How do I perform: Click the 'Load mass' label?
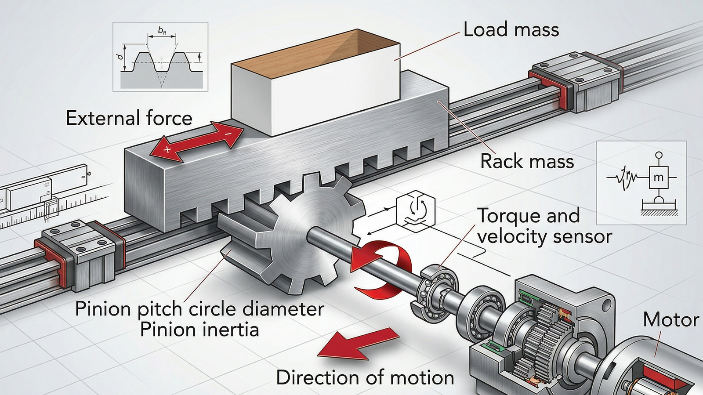click(x=511, y=30)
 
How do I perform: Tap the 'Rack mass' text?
click(x=527, y=161)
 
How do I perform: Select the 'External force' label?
click(x=129, y=119)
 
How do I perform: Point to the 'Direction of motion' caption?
click(x=365, y=378)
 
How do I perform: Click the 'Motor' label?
click(x=670, y=319)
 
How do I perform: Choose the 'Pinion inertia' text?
click(x=199, y=330)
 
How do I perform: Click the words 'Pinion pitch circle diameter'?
click(x=199, y=309)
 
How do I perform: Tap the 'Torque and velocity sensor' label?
click(x=544, y=226)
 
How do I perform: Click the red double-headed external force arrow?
click(x=196, y=141)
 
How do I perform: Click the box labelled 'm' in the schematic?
click(x=658, y=178)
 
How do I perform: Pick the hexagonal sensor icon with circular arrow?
click(x=415, y=209)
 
